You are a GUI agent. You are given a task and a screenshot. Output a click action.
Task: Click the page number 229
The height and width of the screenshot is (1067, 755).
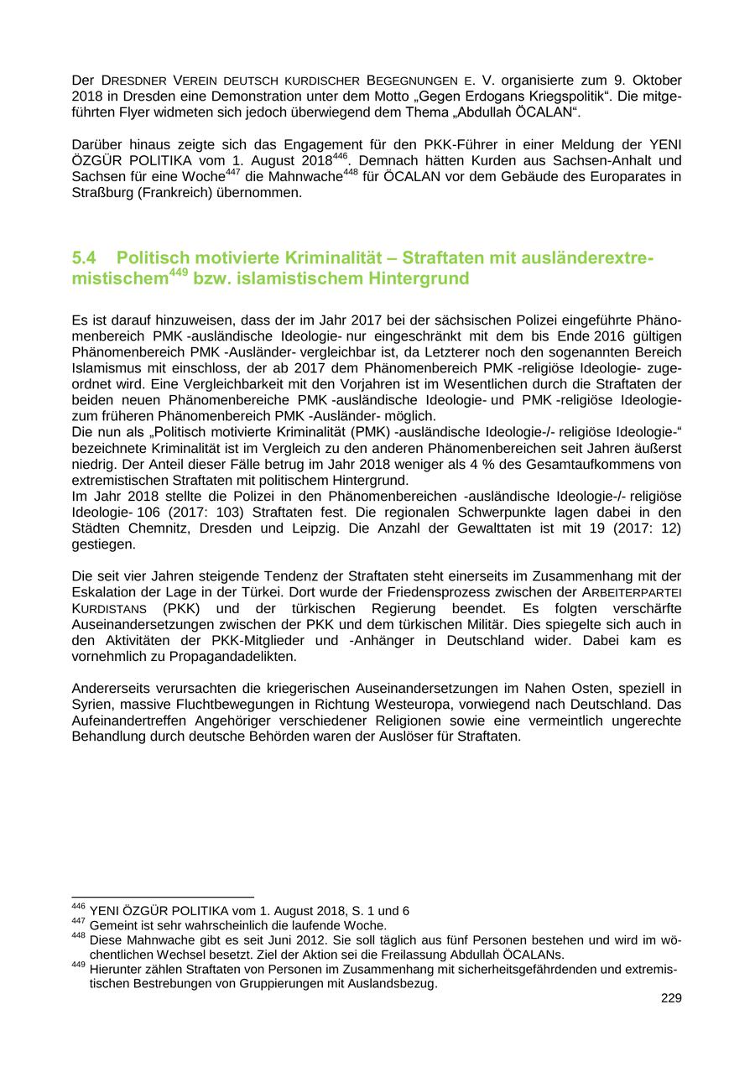671,998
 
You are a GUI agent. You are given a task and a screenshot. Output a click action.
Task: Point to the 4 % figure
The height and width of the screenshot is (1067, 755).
462,465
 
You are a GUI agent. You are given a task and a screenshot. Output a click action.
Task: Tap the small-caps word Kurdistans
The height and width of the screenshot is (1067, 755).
109,608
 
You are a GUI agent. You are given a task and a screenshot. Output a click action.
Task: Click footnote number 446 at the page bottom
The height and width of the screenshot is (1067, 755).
78,908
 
